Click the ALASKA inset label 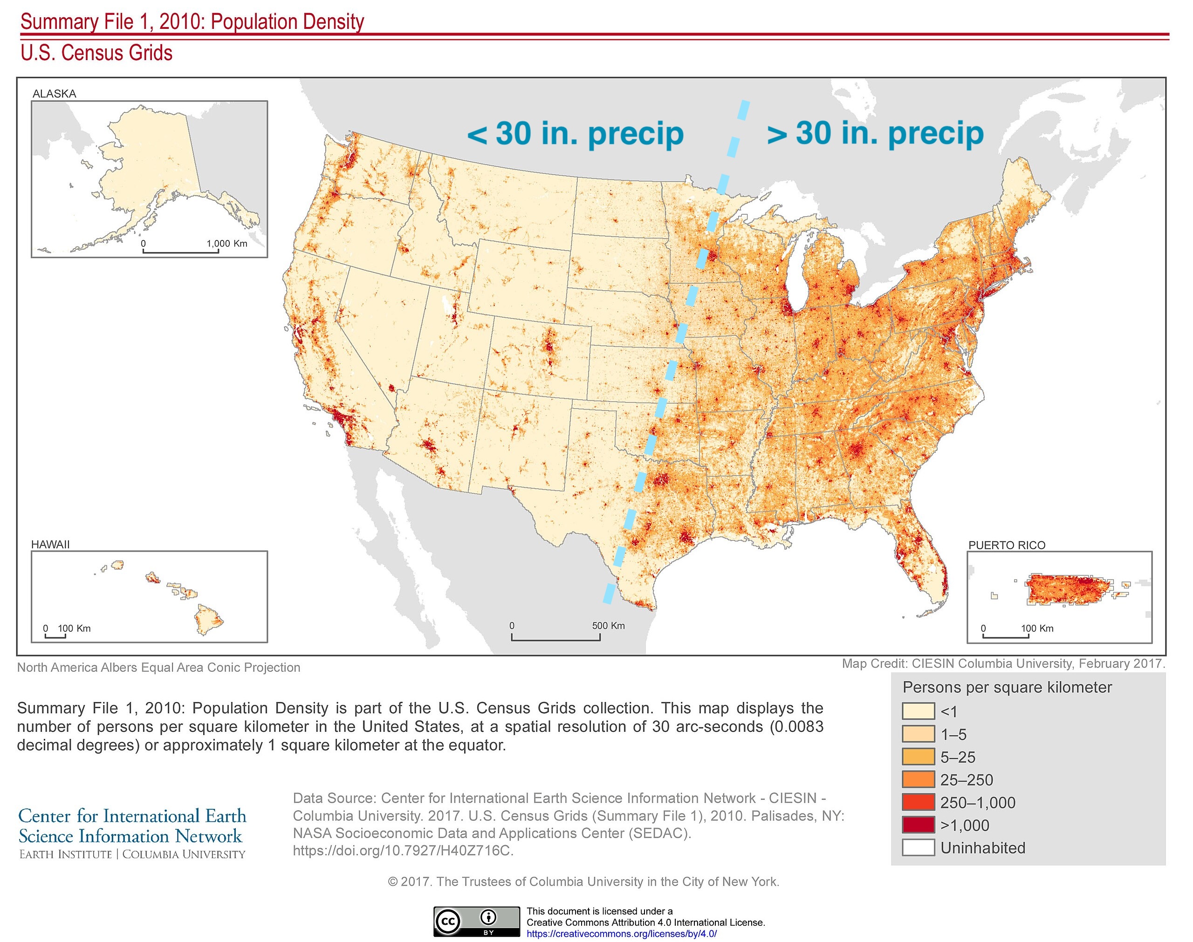point(54,94)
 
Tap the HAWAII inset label point(50,544)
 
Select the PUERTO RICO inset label point(1007,545)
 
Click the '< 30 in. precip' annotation point(575,134)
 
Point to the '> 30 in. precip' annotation point(875,134)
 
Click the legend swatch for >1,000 point(919,825)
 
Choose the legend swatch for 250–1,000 point(919,802)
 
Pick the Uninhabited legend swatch point(919,848)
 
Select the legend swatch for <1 point(919,711)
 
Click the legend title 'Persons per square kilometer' point(1007,687)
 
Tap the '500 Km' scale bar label point(608,625)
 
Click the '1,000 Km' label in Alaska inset point(226,243)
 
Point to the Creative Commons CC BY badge point(476,921)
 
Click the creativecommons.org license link point(622,934)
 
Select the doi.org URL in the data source point(403,850)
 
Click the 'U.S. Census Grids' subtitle point(96,53)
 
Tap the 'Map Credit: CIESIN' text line point(1003,663)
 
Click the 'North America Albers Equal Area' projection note point(159,667)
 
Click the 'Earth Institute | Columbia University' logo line point(132,854)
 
